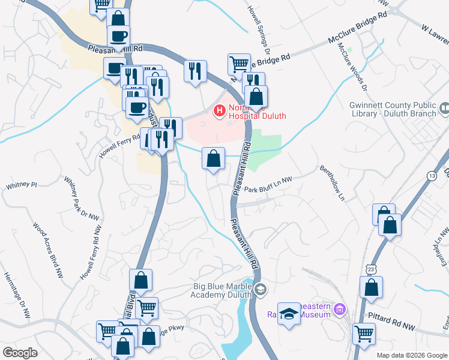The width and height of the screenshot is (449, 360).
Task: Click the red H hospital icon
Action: pyautogui.click(x=219, y=110)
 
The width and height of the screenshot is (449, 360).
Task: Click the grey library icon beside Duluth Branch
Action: pyautogui.click(x=444, y=109)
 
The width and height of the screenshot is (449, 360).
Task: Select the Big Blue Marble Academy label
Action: pyautogui.click(x=219, y=290)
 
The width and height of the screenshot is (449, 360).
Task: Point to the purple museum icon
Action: pyautogui.click(x=339, y=310)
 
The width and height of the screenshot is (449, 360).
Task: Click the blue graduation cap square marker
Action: pyautogui.click(x=289, y=314)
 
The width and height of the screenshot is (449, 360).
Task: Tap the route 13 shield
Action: pyautogui.click(x=432, y=175)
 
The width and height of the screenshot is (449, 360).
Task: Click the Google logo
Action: pyautogui.click(x=20, y=353)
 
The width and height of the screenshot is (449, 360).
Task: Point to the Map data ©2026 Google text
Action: pyautogui.click(x=411, y=355)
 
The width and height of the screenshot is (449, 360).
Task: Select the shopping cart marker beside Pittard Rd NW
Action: pyautogui.click(x=364, y=333)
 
